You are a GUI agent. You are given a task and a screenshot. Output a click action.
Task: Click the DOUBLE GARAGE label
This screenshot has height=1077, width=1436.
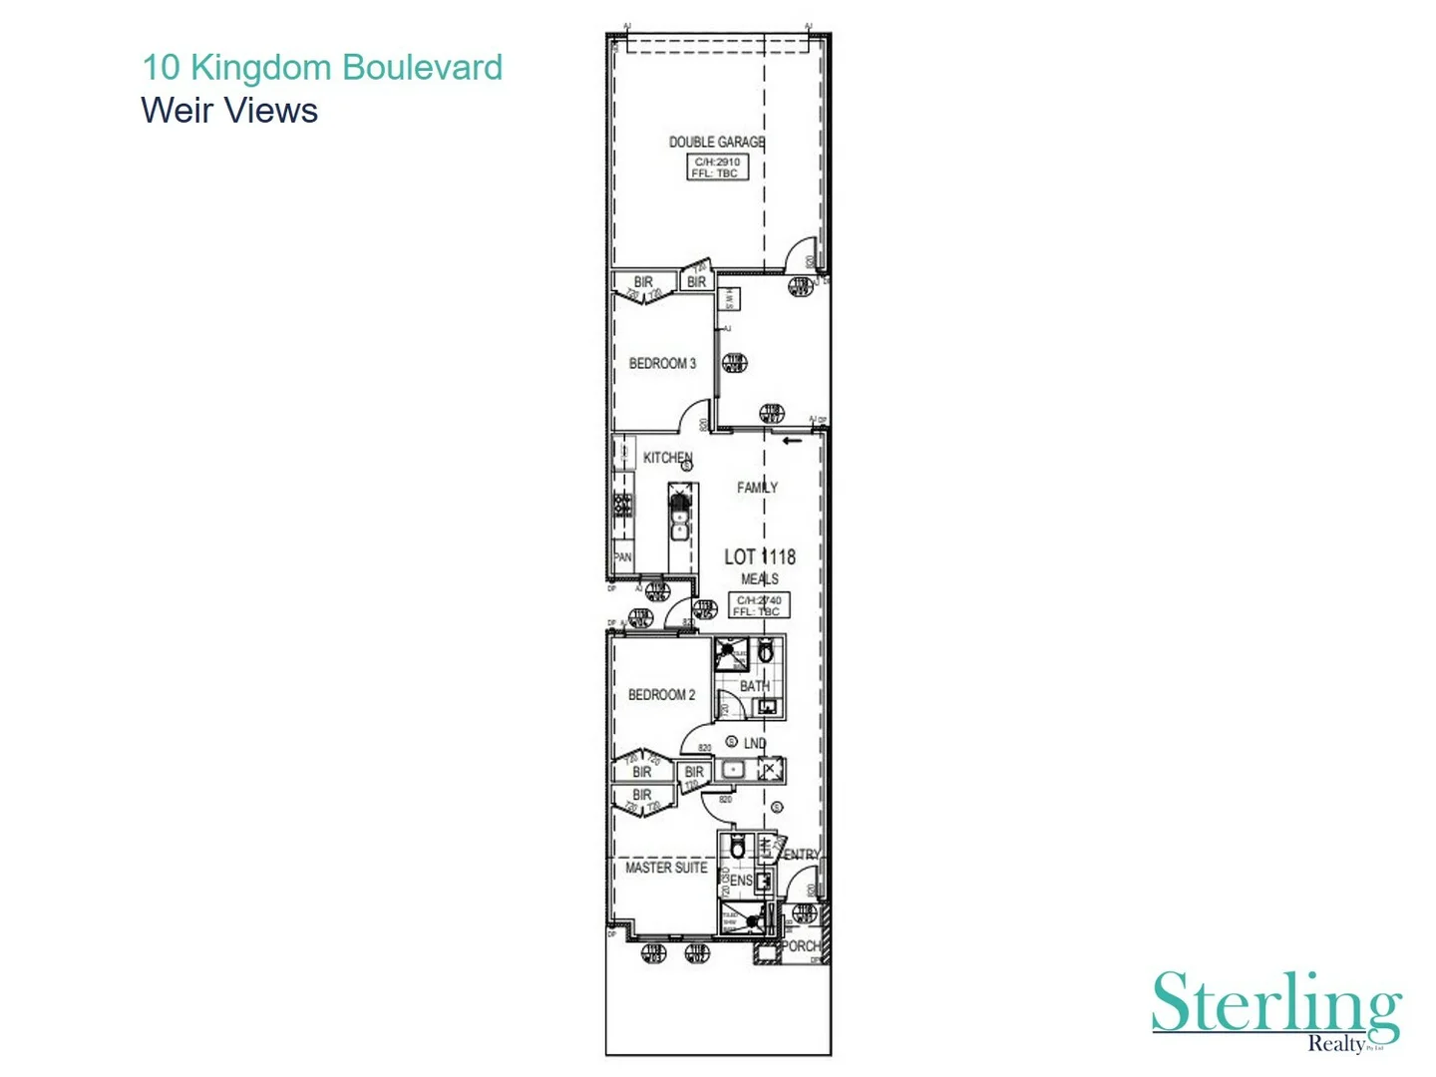pos(716,142)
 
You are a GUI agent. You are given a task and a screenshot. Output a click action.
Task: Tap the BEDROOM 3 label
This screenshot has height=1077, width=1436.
pos(662,363)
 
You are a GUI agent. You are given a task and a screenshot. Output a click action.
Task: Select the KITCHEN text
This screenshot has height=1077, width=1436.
pos(667,458)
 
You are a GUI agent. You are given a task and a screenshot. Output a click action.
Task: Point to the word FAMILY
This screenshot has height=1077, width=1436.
pos(757,487)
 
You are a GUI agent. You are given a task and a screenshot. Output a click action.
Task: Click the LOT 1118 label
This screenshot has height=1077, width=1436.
pos(760,556)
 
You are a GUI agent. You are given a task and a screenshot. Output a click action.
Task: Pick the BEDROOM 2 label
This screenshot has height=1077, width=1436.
pos(661,694)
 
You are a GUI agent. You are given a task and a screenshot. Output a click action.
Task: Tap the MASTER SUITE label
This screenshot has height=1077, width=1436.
pos(666,868)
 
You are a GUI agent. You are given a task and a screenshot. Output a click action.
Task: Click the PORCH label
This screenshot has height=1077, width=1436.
pos(802,945)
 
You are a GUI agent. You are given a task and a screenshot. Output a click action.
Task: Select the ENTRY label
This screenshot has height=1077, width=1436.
pos(802,855)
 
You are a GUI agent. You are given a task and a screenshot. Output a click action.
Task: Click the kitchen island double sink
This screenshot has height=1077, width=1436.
pos(679,516)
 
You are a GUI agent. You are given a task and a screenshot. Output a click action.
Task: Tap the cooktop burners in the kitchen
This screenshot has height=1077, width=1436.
pos(622,505)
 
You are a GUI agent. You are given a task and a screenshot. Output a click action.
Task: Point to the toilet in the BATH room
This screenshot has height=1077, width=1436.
pos(766,653)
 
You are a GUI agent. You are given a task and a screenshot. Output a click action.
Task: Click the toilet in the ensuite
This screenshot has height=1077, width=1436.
pos(737,849)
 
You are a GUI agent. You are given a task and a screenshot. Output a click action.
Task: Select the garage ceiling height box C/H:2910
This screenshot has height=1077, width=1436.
pos(717,168)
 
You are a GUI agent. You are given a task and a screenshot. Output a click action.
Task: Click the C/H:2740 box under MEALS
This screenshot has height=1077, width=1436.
pos(759,605)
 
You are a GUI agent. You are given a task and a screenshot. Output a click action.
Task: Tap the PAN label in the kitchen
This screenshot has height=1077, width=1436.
pos(623,557)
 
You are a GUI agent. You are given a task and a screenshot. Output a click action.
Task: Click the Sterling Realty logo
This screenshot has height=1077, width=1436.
pos(1276,1009)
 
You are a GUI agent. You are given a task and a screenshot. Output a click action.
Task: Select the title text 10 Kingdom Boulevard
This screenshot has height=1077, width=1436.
pos(322,67)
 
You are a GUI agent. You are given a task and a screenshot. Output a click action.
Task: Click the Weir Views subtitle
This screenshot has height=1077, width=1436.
pos(229,111)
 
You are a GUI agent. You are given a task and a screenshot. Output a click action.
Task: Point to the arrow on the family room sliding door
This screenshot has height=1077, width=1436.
pos(792,441)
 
